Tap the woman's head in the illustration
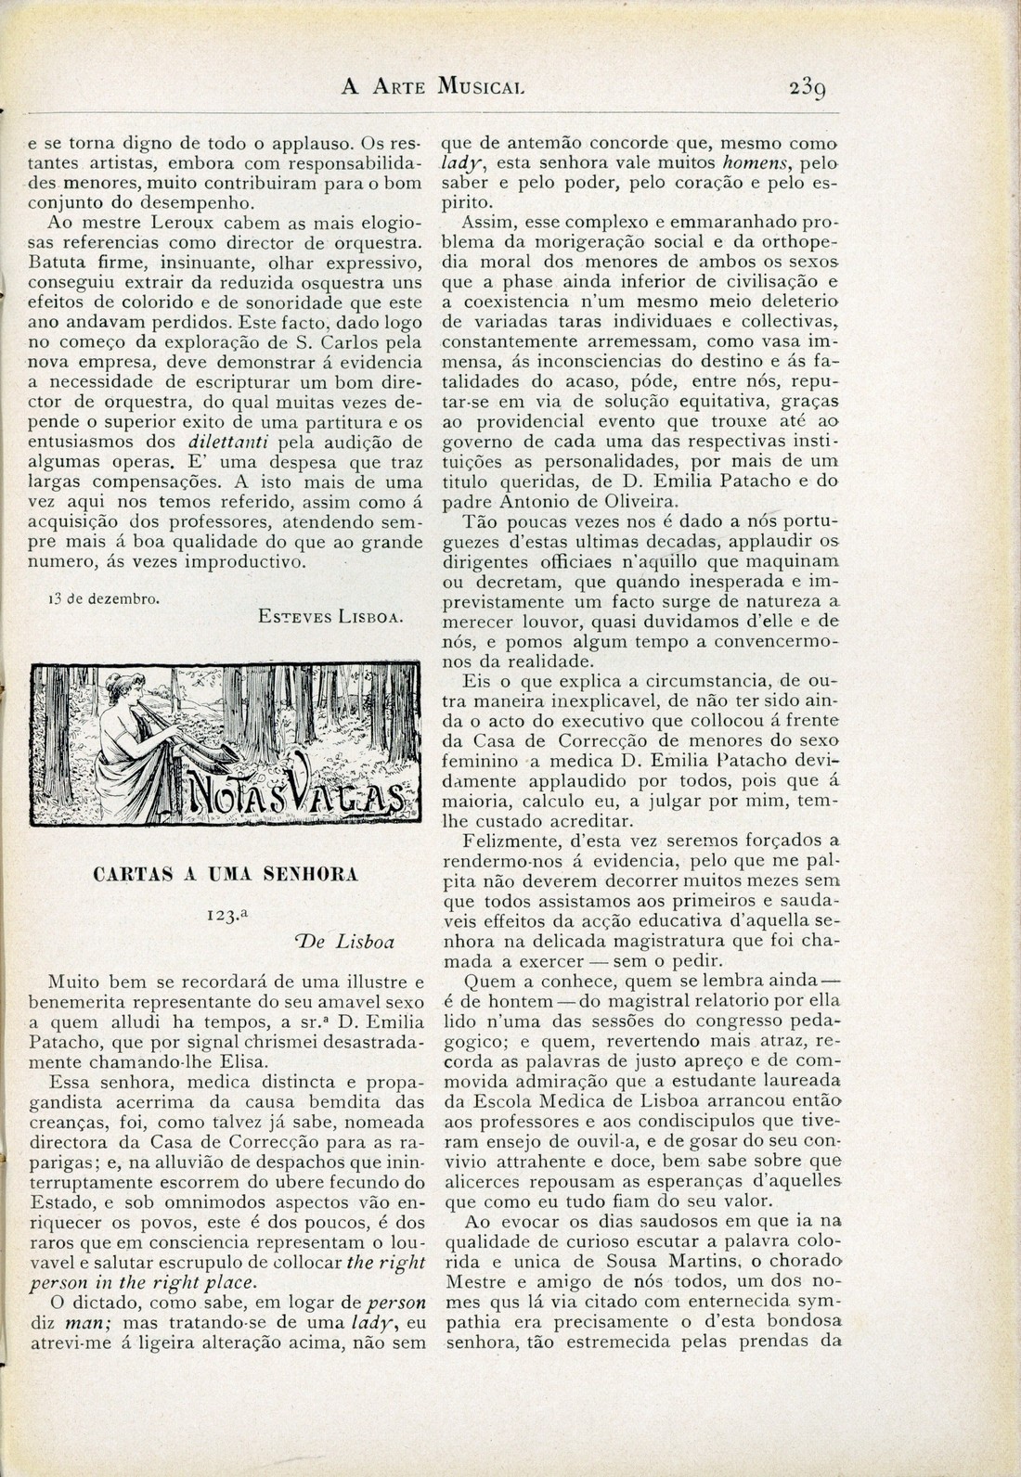coord(132,690)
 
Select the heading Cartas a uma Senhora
coord(226,874)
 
